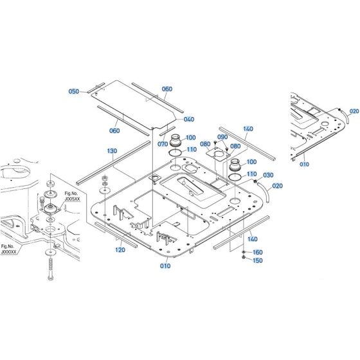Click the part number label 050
(x=74, y=92)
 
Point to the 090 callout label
(x=223, y=138)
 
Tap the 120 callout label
(x=120, y=250)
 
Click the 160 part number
(x=258, y=252)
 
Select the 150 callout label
(x=258, y=260)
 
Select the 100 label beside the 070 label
(x=191, y=138)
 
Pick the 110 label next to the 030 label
(x=251, y=174)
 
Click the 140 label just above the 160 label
(x=253, y=239)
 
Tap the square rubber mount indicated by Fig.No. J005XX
(x=49, y=210)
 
